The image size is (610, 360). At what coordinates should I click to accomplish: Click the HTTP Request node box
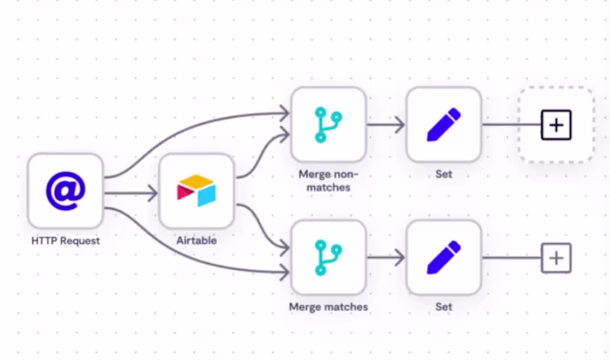click(x=66, y=191)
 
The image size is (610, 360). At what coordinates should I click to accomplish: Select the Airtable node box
click(x=196, y=191)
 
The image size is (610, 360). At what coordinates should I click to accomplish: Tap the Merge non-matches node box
click(x=329, y=124)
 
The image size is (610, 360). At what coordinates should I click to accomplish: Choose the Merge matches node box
click(x=329, y=258)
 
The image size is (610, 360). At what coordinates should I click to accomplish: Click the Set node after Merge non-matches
click(x=444, y=124)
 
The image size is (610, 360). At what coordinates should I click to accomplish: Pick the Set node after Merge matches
click(x=444, y=258)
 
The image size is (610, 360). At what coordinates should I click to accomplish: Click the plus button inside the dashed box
click(x=556, y=124)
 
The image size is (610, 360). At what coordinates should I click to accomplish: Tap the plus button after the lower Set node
click(x=556, y=259)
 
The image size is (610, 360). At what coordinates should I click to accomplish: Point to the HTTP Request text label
click(x=66, y=241)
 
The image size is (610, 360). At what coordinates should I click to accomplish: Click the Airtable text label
click(x=196, y=241)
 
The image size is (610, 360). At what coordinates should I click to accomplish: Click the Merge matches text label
click(x=329, y=307)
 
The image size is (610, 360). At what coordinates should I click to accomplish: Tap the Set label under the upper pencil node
click(x=444, y=174)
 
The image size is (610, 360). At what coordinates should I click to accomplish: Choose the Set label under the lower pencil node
click(x=444, y=307)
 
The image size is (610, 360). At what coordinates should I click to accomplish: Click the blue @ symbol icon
click(x=66, y=191)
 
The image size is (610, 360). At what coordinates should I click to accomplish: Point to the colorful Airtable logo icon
click(x=196, y=191)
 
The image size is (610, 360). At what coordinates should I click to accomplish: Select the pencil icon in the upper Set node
click(x=444, y=124)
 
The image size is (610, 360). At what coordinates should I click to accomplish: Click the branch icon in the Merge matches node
click(x=329, y=258)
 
